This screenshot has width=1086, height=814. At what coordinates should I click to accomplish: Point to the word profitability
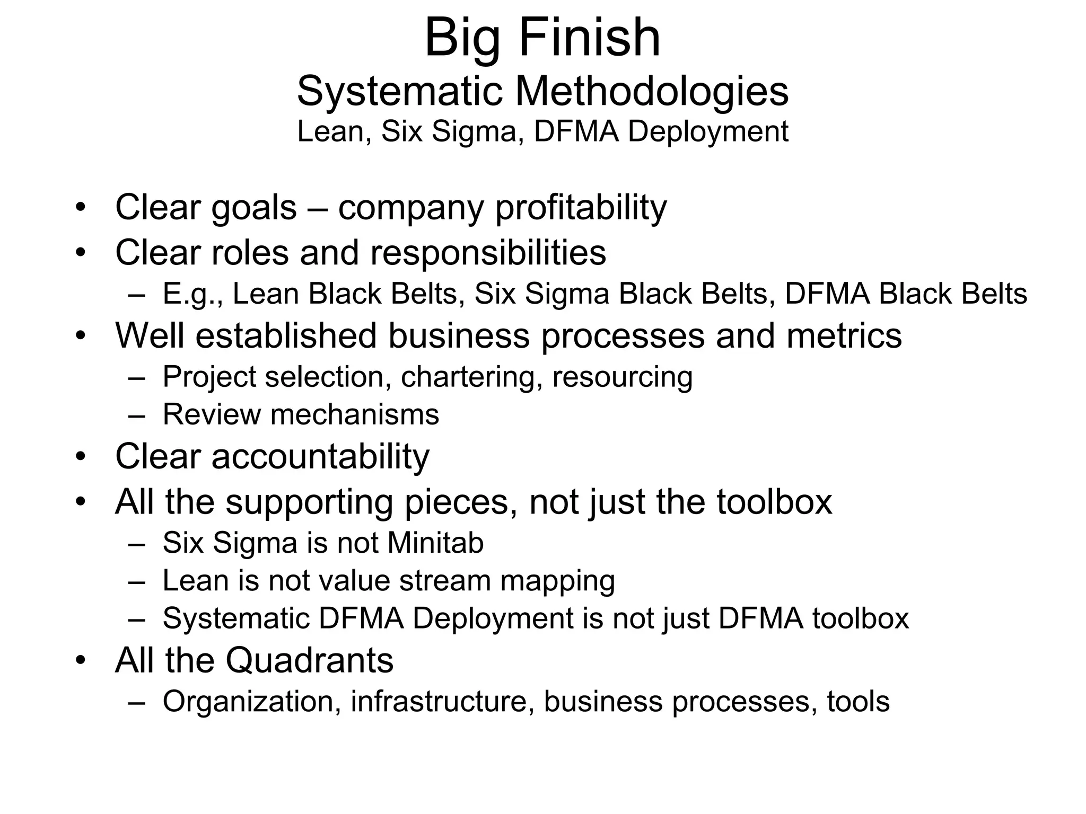(x=581, y=208)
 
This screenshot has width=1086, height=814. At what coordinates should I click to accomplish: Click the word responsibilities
(x=488, y=252)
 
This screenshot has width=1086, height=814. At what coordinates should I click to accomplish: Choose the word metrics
(x=844, y=335)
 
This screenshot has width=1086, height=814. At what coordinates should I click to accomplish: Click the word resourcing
(x=623, y=378)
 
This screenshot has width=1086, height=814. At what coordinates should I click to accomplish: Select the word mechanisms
(x=355, y=414)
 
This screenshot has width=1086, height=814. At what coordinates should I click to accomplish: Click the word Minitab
(x=435, y=543)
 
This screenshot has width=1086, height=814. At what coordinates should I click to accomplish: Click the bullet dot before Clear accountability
(x=80, y=457)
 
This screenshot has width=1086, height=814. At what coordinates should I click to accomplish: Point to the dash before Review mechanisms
(x=137, y=415)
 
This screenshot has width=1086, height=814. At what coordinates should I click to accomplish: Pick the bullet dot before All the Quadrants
(x=80, y=660)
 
